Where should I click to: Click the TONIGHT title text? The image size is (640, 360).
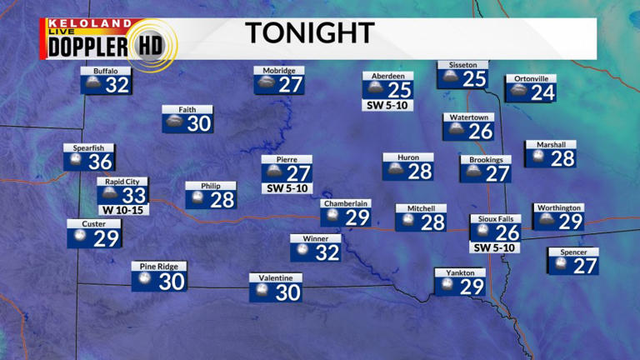(x=309, y=33)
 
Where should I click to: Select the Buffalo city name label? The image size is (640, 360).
(x=106, y=71)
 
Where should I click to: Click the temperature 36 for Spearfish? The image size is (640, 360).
(x=100, y=162)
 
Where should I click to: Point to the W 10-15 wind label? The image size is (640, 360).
(x=122, y=210)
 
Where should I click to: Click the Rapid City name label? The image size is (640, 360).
(x=122, y=181)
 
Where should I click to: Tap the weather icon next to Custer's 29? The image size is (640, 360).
(x=80, y=237)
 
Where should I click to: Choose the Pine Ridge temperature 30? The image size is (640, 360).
(x=171, y=282)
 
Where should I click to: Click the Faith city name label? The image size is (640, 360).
(x=187, y=109)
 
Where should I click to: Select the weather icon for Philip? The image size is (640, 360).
(x=198, y=199)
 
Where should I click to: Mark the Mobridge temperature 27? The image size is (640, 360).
(x=290, y=85)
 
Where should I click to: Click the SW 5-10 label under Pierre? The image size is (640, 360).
(x=287, y=188)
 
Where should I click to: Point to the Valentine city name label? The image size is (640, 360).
(x=275, y=277)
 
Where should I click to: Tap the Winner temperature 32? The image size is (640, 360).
(x=327, y=252)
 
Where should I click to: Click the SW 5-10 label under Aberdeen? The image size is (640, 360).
(x=387, y=106)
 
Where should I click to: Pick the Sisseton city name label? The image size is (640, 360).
(x=462, y=64)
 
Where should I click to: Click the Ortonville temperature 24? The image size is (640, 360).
(x=542, y=92)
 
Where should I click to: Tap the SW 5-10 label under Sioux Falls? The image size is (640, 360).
(x=495, y=247)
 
